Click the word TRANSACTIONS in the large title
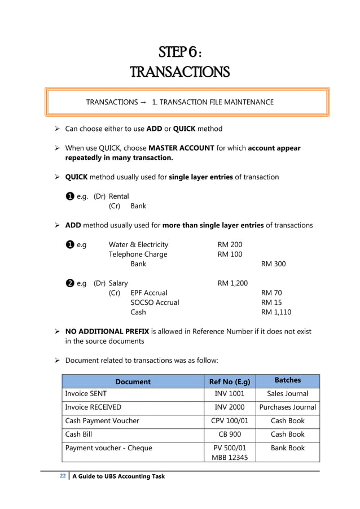tap(179, 73)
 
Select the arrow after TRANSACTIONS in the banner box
tap(142, 102)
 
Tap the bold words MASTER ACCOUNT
tap(181, 148)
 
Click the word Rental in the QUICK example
tap(118, 196)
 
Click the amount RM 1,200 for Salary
tap(232, 283)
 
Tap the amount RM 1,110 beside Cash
tap(276, 312)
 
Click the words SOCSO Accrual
tap(155, 302)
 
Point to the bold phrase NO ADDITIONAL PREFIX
tap(109, 331)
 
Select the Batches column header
tap(287, 380)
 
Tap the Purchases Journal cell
tap(287, 407)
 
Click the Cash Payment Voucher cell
tap(102, 421)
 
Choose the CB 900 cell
tap(230, 435)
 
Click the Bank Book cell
tap(287, 448)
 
